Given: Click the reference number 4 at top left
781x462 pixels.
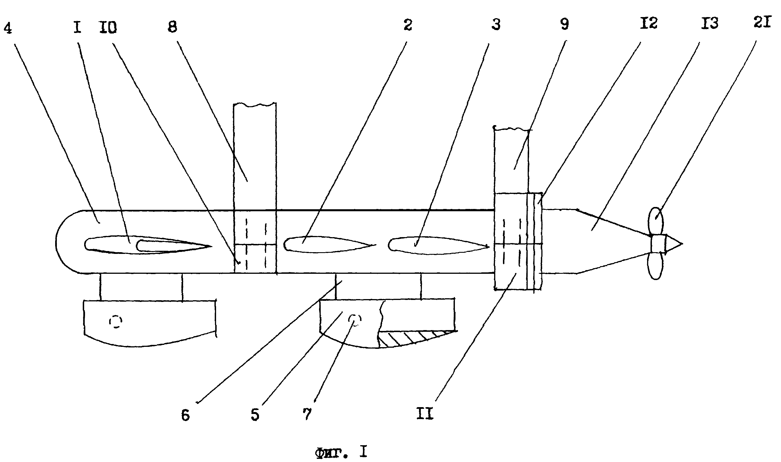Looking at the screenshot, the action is [x=8, y=28].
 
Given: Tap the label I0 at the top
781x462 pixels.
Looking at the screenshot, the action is [x=108, y=28].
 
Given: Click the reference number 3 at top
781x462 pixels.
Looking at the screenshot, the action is [x=496, y=24].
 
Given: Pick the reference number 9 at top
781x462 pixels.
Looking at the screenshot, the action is [x=564, y=24].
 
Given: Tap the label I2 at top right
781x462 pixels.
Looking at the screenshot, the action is [x=649, y=23].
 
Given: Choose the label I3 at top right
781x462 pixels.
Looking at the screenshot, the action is [x=709, y=23].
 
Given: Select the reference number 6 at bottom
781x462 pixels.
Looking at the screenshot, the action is [x=186, y=415].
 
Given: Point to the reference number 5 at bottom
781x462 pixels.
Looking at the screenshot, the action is [x=255, y=415].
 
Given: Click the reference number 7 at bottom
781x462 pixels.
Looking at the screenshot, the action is [x=307, y=414].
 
